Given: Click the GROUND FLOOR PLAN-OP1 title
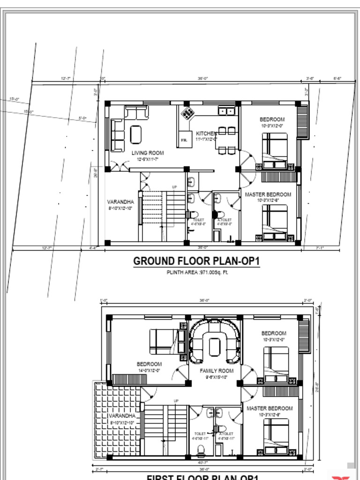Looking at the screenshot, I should (196, 261).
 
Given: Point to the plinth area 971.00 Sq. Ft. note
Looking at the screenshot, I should (196, 272).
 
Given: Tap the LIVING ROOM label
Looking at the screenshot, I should (147, 153).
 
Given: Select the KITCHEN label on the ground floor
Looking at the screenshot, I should (206, 134).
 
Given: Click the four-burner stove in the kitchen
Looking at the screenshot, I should (187, 112).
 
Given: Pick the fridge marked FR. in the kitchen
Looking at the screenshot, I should (184, 140).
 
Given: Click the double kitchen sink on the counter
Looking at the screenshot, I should (226, 111).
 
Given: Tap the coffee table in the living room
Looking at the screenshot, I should (136, 135).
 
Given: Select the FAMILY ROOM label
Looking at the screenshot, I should (217, 371).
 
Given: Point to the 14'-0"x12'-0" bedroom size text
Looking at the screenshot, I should (149, 370).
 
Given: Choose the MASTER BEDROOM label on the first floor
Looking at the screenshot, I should (270, 408).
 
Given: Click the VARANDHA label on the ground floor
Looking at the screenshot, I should (120, 202).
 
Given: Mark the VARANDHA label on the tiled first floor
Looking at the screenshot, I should (122, 416).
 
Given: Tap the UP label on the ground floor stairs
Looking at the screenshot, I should (174, 187).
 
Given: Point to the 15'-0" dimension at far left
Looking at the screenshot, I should (15, 99).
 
